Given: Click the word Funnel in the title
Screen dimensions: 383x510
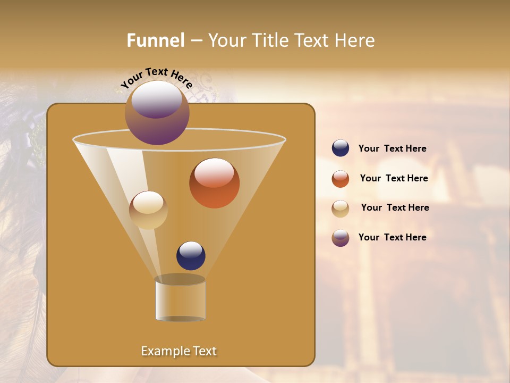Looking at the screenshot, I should click(155, 40).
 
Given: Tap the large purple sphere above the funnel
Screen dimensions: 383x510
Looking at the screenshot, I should click(157, 113).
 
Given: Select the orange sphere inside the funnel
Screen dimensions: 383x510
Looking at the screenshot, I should click(214, 184).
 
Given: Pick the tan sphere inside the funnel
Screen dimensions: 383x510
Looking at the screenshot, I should click(148, 210).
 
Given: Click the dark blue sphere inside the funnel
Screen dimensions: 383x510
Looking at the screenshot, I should click(191, 256).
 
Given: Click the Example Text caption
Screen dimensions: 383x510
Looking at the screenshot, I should click(178, 351).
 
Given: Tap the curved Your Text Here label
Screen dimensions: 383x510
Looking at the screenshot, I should click(156, 78).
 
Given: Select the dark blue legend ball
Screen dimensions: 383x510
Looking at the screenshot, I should click(341, 148).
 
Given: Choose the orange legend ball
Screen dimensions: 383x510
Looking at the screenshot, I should click(341, 179).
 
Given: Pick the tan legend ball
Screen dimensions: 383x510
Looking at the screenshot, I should click(341, 209).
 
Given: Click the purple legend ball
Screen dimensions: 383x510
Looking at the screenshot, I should click(341, 238).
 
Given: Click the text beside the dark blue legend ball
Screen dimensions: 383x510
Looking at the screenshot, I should click(392, 149).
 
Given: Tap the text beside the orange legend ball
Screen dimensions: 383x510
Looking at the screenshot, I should click(394, 179).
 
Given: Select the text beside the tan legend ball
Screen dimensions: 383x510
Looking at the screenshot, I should click(395, 208).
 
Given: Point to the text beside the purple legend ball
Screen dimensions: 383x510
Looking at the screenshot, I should click(392, 237).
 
